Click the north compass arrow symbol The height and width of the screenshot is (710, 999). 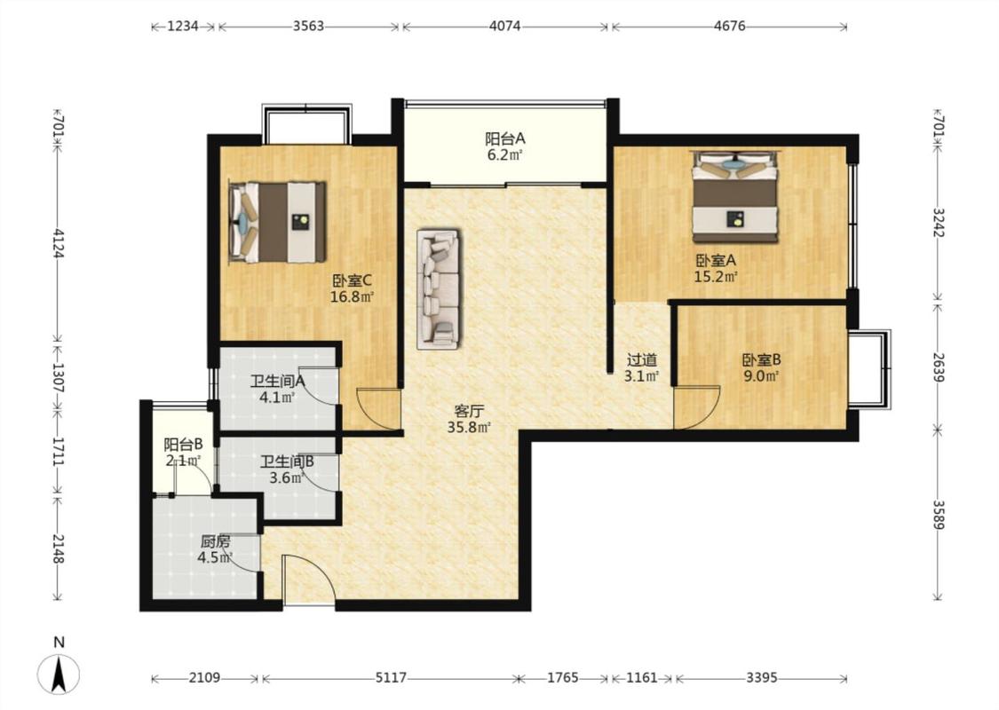(59, 674)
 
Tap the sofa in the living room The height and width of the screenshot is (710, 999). (439, 289)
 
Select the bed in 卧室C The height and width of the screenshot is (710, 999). (277, 222)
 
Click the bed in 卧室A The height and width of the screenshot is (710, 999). (736, 197)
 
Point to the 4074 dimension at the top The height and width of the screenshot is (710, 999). (504, 26)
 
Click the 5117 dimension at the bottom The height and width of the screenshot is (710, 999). (391, 677)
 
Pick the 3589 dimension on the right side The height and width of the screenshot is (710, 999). (938, 515)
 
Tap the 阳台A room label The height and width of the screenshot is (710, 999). (504, 138)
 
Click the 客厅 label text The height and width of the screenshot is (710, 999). (468, 411)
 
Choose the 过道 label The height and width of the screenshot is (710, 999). (641, 360)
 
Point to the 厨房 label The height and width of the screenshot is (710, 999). (216, 542)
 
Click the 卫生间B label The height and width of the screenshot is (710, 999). (287, 461)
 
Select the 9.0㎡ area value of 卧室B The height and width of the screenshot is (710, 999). (761, 375)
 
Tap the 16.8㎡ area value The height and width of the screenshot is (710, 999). (352, 296)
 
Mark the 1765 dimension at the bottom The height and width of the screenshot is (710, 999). (563, 677)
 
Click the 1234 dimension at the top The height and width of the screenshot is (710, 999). (183, 26)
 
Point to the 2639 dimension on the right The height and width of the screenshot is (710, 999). (938, 367)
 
